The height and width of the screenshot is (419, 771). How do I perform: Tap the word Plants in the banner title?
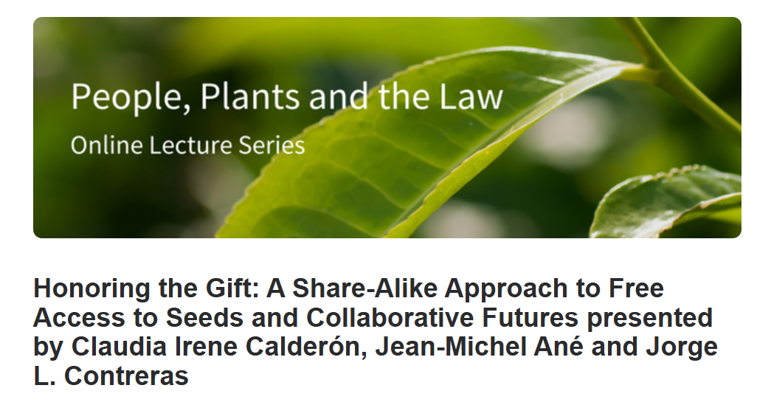(x=250, y=96)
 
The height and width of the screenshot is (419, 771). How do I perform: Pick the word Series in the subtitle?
(x=272, y=145)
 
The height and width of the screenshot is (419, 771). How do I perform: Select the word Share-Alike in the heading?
(x=365, y=288)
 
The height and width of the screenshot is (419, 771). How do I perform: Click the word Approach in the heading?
(x=506, y=289)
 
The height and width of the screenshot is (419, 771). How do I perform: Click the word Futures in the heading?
(x=530, y=317)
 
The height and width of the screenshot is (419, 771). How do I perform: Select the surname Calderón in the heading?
(x=306, y=346)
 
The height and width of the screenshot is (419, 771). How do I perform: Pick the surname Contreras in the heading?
(x=126, y=375)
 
